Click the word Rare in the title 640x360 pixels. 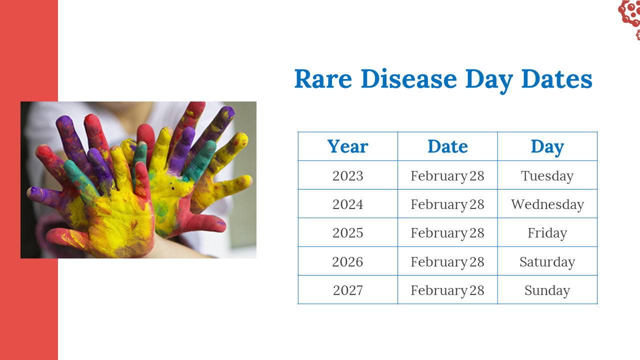click(323, 79)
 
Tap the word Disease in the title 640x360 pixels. click(409, 78)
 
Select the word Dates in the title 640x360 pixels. click(557, 78)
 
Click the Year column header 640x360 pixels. click(347, 146)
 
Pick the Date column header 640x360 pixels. click(447, 146)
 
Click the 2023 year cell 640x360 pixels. click(347, 175)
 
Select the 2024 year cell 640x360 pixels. click(347, 204)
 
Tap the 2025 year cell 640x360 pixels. click(347, 233)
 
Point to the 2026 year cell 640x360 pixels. click(347, 261)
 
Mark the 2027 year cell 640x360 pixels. click(347, 290)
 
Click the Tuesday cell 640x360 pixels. click(547, 176)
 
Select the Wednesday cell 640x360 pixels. click(547, 204)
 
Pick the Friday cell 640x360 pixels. click(547, 233)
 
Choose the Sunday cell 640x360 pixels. click(547, 291)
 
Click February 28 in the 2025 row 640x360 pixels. click(447, 233)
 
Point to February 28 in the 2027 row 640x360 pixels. click(447, 291)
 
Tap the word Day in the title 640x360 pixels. click(489, 80)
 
